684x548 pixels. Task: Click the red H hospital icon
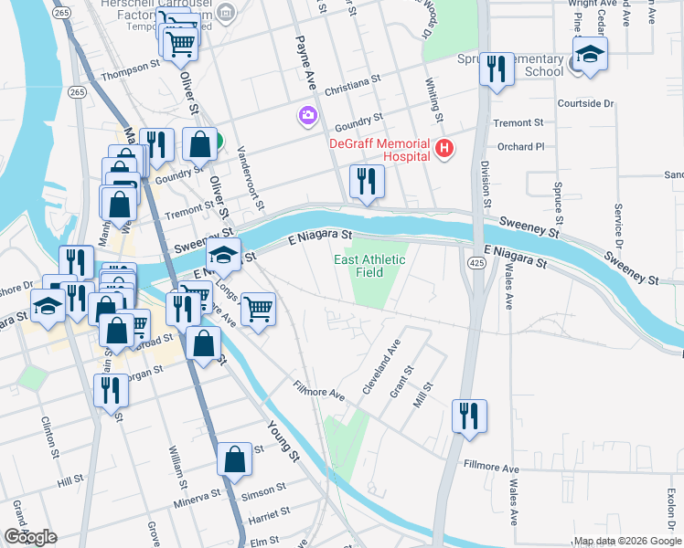pyautogui.click(x=444, y=148)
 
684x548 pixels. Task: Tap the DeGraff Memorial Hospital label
pyautogui.click(x=380, y=150)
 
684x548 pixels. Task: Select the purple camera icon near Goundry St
pyautogui.click(x=307, y=116)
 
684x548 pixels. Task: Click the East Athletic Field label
pyautogui.click(x=369, y=266)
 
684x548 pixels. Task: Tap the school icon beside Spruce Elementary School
pyautogui.click(x=590, y=56)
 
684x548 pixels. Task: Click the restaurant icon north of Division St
pyautogui.click(x=497, y=71)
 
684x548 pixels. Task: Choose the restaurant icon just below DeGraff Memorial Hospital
pyautogui.click(x=367, y=182)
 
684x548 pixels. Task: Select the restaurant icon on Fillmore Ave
pyautogui.click(x=470, y=416)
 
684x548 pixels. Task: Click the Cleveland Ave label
pyautogui.click(x=382, y=366)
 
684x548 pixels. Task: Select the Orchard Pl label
pyautogui.click(x=520, y=146)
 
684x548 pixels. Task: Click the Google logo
pyautogui.click(x=30, y=536)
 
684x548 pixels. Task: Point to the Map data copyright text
pyautogui.click(x=627, y=541)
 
